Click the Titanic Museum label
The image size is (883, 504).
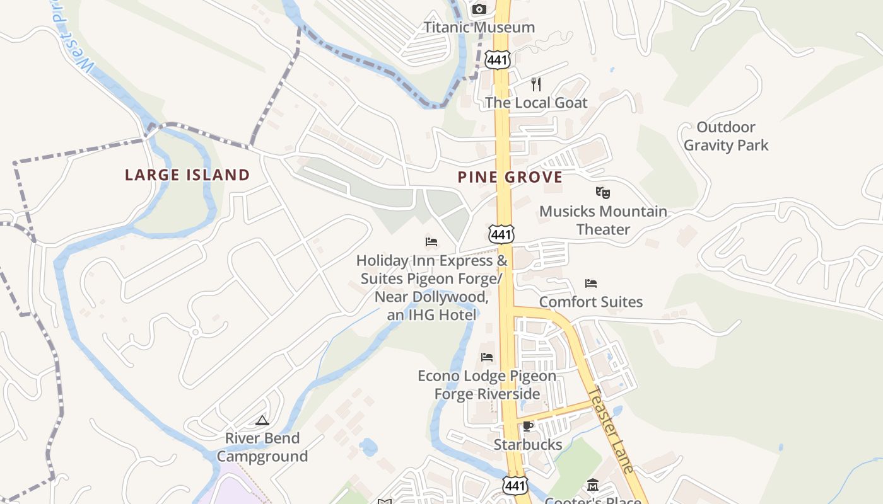(x=479, y=27)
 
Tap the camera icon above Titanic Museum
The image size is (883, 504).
(x=479, y=9)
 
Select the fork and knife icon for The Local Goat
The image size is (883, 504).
(x=536, y=84)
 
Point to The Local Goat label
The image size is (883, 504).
(x=536, y=102)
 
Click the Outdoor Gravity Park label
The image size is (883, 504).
(x=726, y=136)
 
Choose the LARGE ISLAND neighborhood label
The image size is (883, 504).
(x=187, y=175)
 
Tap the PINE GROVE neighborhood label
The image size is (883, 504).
(x=510, y=177)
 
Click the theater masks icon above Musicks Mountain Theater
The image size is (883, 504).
(x=603, y=193)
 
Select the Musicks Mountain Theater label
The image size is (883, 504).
(x=603, y=220)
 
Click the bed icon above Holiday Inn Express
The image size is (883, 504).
(x=431, y=242)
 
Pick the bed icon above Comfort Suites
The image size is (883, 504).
(x=591, y=283)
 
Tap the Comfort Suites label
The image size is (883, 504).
(x=591, y=302)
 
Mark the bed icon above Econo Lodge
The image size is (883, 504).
(x=487, y=357)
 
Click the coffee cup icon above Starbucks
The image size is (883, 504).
(x=528, y=427)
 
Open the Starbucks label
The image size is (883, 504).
(x=528, y=444)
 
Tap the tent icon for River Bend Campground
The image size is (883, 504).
(x=262, y=420)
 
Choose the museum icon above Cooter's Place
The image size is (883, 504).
(x=593, y=486)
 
